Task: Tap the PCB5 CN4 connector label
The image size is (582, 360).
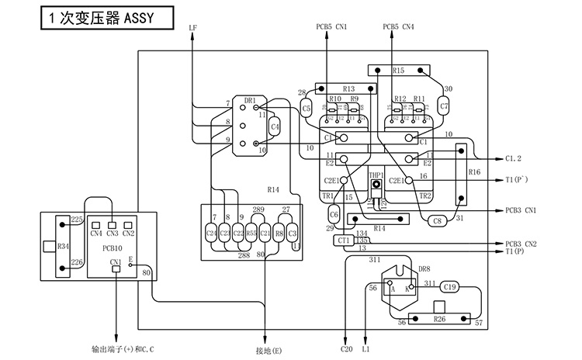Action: (x=399, y=27)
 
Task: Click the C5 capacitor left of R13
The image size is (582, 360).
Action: (x=307, y=108)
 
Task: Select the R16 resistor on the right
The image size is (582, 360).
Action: (x=474, y=172)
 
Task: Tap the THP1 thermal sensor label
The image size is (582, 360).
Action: (x=376, y=175)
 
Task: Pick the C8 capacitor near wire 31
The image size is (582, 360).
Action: (x=437, y=221)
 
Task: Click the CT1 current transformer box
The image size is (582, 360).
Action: (x=344, y=241)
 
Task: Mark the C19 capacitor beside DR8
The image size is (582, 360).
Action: (x=451, y=287)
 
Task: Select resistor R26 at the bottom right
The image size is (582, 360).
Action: (x=439, y=319)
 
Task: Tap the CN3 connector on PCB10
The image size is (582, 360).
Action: (x=113, y=233)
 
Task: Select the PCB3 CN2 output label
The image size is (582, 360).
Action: (x=519, y=244)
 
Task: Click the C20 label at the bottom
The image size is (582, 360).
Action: (x=346, y=350)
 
